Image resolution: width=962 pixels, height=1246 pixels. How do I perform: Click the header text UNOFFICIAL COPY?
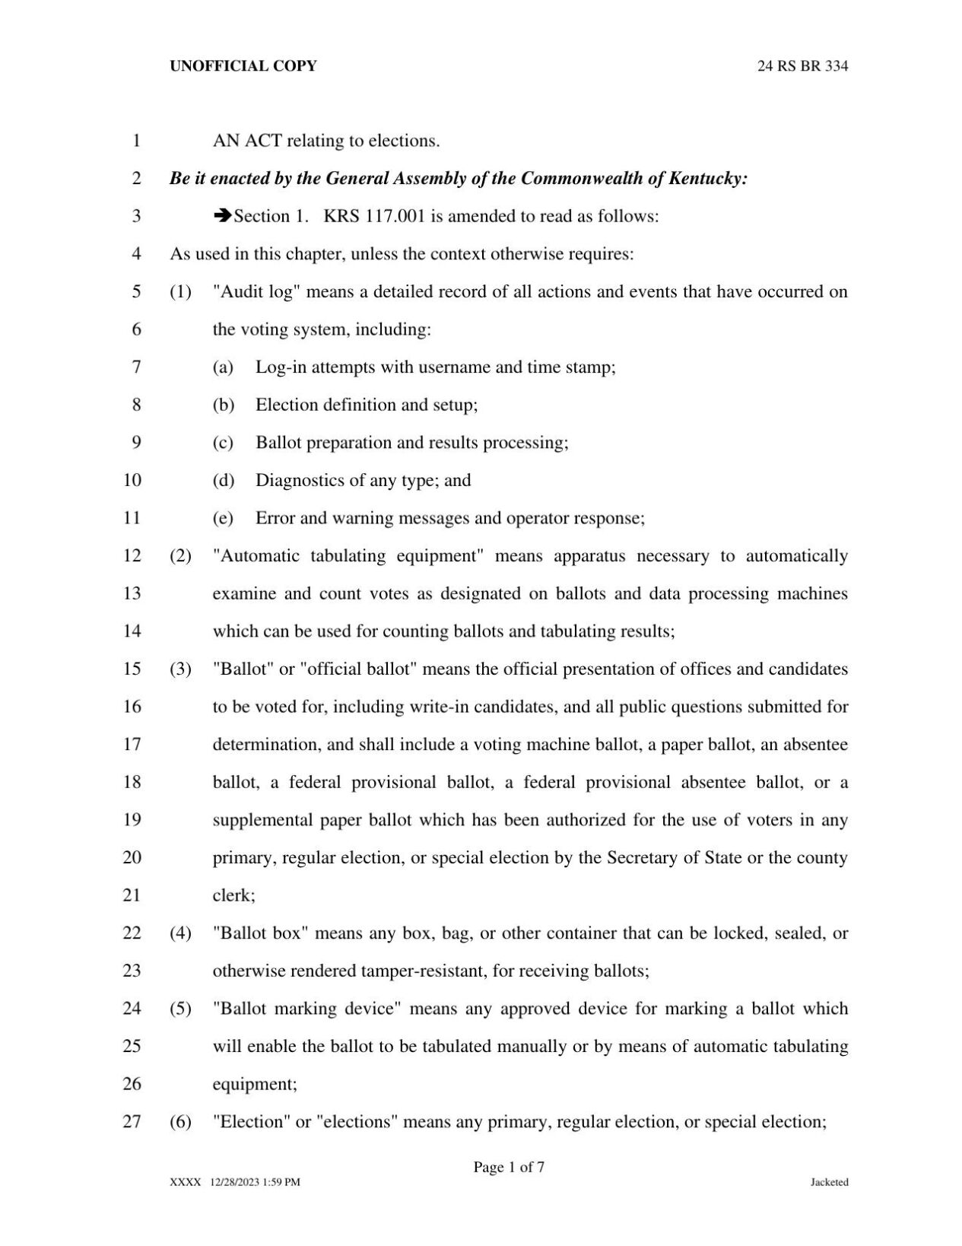click(x=243, y=66)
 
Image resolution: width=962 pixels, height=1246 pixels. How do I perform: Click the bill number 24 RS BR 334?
click(x=802, y=66)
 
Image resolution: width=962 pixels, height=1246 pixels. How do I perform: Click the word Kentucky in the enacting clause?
click(x=707, y=179)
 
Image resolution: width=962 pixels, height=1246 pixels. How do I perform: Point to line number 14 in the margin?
click(x=132, y=631)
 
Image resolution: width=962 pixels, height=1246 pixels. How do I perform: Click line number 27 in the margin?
click(x=132, y=1121)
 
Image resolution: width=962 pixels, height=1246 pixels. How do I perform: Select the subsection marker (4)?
click(x=180, y=933)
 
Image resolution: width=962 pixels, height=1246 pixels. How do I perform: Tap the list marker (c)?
click(x=223, y=442)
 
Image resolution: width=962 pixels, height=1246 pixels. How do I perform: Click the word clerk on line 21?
click(x=231, y=895)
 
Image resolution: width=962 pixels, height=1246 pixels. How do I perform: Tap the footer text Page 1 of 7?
click(x=508, y=1167)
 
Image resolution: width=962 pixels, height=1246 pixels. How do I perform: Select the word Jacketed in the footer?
click(x=829, y=1182)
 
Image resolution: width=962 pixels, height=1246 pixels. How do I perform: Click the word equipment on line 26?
click(x=252, y=1084)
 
